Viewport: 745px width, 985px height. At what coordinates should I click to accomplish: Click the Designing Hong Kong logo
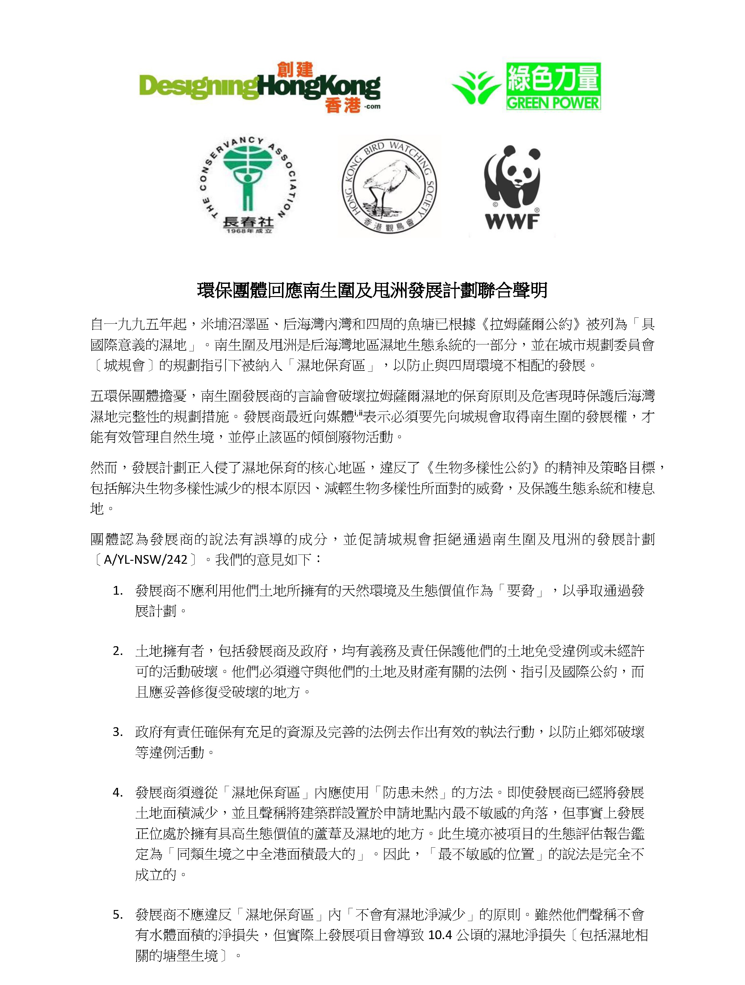pyautogui.click(x=260, y=88)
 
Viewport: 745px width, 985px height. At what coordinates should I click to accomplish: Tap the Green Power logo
pyautogui.click(x=526, y=86)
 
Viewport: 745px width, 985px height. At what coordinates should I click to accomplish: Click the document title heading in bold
pyautogui.click(x=372, y=290)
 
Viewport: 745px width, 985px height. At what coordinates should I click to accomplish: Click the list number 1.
pyautogui.click(x=118, y=591)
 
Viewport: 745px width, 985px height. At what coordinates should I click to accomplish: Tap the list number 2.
pyautogui.click(x=118, y=651)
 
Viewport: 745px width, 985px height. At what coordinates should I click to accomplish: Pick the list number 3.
pyautogui.click(x=118, y=732)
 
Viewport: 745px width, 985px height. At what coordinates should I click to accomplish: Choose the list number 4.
pyautogui.click(x=118, y=793)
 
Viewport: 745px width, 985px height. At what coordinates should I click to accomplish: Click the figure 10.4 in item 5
pyautogui.click(x=439, y=935)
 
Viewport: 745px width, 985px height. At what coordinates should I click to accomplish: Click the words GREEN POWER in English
pyautogui.click(x=553, y=103)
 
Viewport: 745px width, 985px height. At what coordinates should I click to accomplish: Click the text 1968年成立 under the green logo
pyautogui.click(x=248, y=231)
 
